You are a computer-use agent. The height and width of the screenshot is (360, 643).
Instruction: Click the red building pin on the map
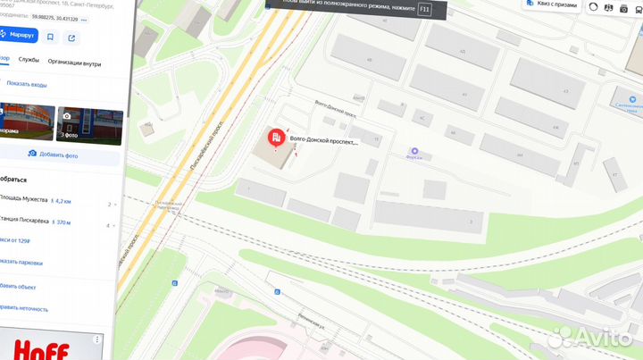[276, 138]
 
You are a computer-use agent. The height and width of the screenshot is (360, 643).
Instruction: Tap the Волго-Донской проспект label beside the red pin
[324, 142]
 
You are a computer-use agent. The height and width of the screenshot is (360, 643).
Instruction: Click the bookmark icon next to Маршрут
[50, 38]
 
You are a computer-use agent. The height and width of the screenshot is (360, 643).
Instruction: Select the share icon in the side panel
[71, 38]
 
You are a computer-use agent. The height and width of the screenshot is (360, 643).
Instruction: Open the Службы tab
[29, 63]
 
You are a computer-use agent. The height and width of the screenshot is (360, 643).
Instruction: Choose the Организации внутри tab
[74, 63]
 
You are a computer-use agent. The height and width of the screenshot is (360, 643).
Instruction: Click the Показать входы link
[27, 84]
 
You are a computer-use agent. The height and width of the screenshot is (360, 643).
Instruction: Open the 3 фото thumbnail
[89, 125]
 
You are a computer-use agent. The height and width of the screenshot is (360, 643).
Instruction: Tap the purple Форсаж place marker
[413, 151]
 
